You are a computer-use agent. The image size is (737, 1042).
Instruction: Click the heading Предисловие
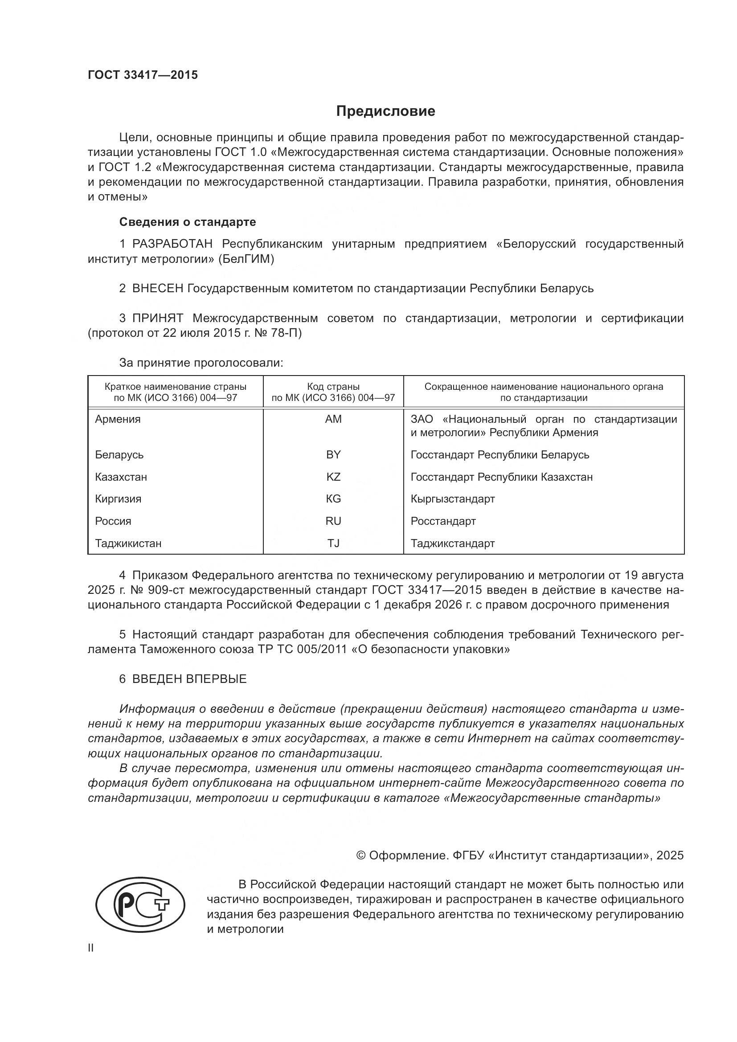pos(385,111)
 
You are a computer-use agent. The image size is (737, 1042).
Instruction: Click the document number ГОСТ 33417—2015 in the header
pos(143,75)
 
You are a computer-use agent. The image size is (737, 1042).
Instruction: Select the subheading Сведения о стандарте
pos(188,222)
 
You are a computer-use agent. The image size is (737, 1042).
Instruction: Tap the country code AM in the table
pos(333,419)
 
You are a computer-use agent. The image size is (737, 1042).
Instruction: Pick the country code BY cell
pos(333,455)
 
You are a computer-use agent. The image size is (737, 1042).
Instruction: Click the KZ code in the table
pos(333,477)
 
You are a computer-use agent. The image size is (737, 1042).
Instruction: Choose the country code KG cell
pos(333,499)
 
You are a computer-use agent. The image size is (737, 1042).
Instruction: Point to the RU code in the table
pos(333,521)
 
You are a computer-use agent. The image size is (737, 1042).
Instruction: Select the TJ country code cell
pos(333,543)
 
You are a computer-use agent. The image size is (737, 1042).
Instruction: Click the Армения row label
pos(118,419)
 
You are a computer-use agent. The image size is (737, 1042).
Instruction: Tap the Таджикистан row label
pos(128,543)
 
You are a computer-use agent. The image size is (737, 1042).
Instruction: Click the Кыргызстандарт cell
pos(452,499)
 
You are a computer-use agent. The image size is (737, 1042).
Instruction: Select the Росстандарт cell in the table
pos(443,521)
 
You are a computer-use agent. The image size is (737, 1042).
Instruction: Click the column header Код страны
pos(333,387)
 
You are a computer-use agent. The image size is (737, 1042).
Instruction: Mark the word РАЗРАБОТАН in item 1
pos(172,244)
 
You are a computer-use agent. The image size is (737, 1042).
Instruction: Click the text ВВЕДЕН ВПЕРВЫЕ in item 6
pos(189,679)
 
